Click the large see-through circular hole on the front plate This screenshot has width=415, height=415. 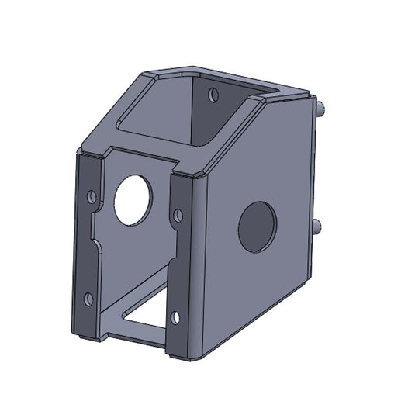pos(133,199)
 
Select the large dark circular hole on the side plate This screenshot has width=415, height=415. pos(257,227)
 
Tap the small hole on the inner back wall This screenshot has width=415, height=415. pos(213,95)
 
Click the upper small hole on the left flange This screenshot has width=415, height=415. pos(92,197)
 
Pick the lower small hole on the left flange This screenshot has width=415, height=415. pos(88,298)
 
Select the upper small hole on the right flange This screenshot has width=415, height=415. pos(178,213)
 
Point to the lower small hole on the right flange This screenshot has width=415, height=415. pos(175,317)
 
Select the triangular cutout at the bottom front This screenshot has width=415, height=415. pos(147,313)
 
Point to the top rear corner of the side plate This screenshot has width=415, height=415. pos(310,94)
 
